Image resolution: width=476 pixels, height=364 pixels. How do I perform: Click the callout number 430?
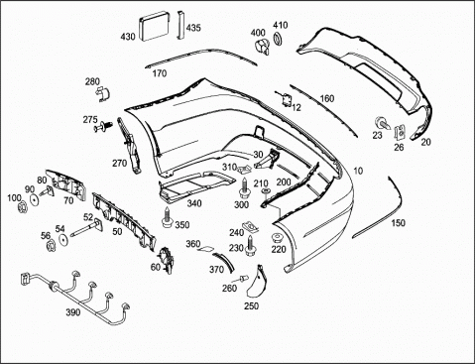click(128, 37)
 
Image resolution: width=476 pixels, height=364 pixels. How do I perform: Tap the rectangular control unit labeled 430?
click(155, 26)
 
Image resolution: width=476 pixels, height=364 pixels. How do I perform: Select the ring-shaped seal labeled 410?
click(278, 39)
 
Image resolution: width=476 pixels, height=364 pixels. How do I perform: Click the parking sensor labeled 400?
click(262, 47)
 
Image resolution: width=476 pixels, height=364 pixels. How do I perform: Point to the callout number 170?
click(160, 73)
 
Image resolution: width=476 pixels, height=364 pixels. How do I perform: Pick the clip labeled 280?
click(103, 93)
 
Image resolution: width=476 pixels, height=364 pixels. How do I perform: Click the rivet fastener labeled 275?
click(103, 127)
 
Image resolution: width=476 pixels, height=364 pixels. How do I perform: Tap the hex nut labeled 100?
click(22, 208)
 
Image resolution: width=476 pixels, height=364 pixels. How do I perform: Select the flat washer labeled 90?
click(34, 200)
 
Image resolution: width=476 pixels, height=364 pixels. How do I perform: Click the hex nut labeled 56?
click(51, 246)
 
